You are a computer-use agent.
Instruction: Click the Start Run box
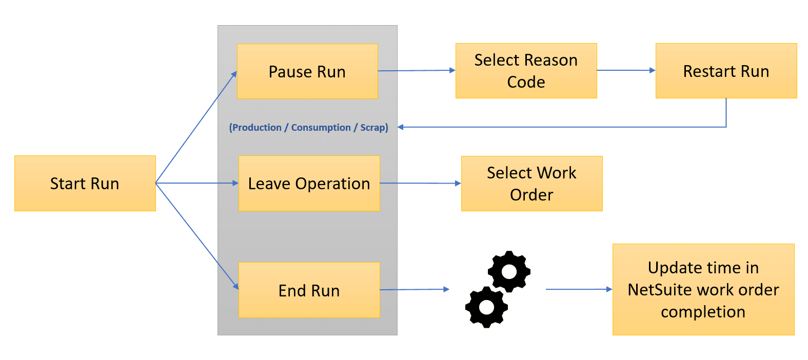point(85,183)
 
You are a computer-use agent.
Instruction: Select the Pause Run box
point(307,71)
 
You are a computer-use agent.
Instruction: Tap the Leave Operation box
point(309,183)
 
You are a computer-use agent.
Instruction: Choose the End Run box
point(309,290)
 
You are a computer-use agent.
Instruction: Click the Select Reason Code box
point(526,71)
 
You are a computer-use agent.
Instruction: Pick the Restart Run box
point(726,71)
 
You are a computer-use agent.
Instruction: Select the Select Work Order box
point(531,184)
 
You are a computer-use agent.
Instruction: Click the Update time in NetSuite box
point(703,289)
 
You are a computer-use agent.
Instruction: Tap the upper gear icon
point(509,271)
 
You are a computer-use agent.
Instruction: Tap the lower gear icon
point(486,307)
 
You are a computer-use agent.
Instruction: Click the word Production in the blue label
point(257,128)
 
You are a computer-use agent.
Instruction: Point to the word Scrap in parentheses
point(373,128)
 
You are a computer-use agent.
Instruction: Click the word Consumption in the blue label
point(321,128)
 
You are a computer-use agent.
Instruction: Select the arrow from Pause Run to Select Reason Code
point(416,70)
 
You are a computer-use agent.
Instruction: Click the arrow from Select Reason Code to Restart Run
point(626,70)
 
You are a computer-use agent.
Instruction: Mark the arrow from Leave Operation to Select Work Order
point(420,183)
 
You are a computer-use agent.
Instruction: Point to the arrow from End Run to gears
point(414,290)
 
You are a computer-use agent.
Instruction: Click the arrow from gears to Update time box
point(579,289)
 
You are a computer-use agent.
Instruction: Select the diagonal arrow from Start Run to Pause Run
point(196,127)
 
